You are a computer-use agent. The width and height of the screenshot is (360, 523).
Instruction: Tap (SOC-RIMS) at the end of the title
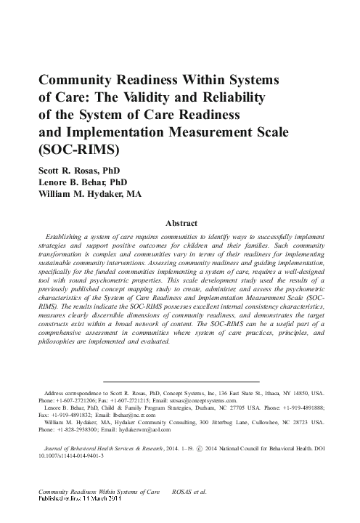pos(71,150)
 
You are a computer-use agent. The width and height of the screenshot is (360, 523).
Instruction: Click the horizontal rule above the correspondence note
pos(181,381)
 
